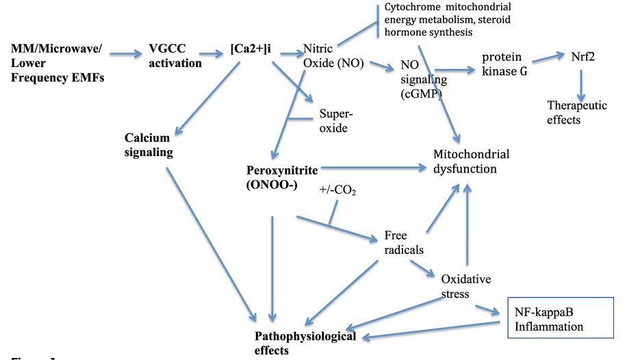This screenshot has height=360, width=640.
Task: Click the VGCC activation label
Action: click(175, 56)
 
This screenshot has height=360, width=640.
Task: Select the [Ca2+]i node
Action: click(251, 50)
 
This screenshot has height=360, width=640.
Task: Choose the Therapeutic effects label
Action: click(577, 112)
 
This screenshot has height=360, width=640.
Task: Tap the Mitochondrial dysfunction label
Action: click(472, 161)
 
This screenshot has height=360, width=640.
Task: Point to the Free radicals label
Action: click(399, 242)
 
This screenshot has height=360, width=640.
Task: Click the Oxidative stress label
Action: click(465, 286)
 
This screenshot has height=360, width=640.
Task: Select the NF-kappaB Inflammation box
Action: click(559, 318)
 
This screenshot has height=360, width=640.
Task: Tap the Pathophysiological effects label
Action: click(305, 343)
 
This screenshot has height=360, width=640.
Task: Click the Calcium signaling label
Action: click(149, 145)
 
